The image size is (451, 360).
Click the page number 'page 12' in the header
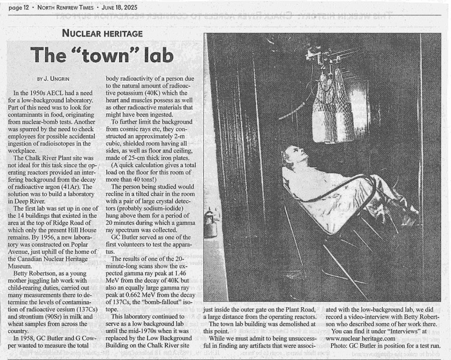tap(24, 8)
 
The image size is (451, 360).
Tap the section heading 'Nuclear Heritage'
tap(102, 33)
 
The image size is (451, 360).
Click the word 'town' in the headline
tap(105, 55)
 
